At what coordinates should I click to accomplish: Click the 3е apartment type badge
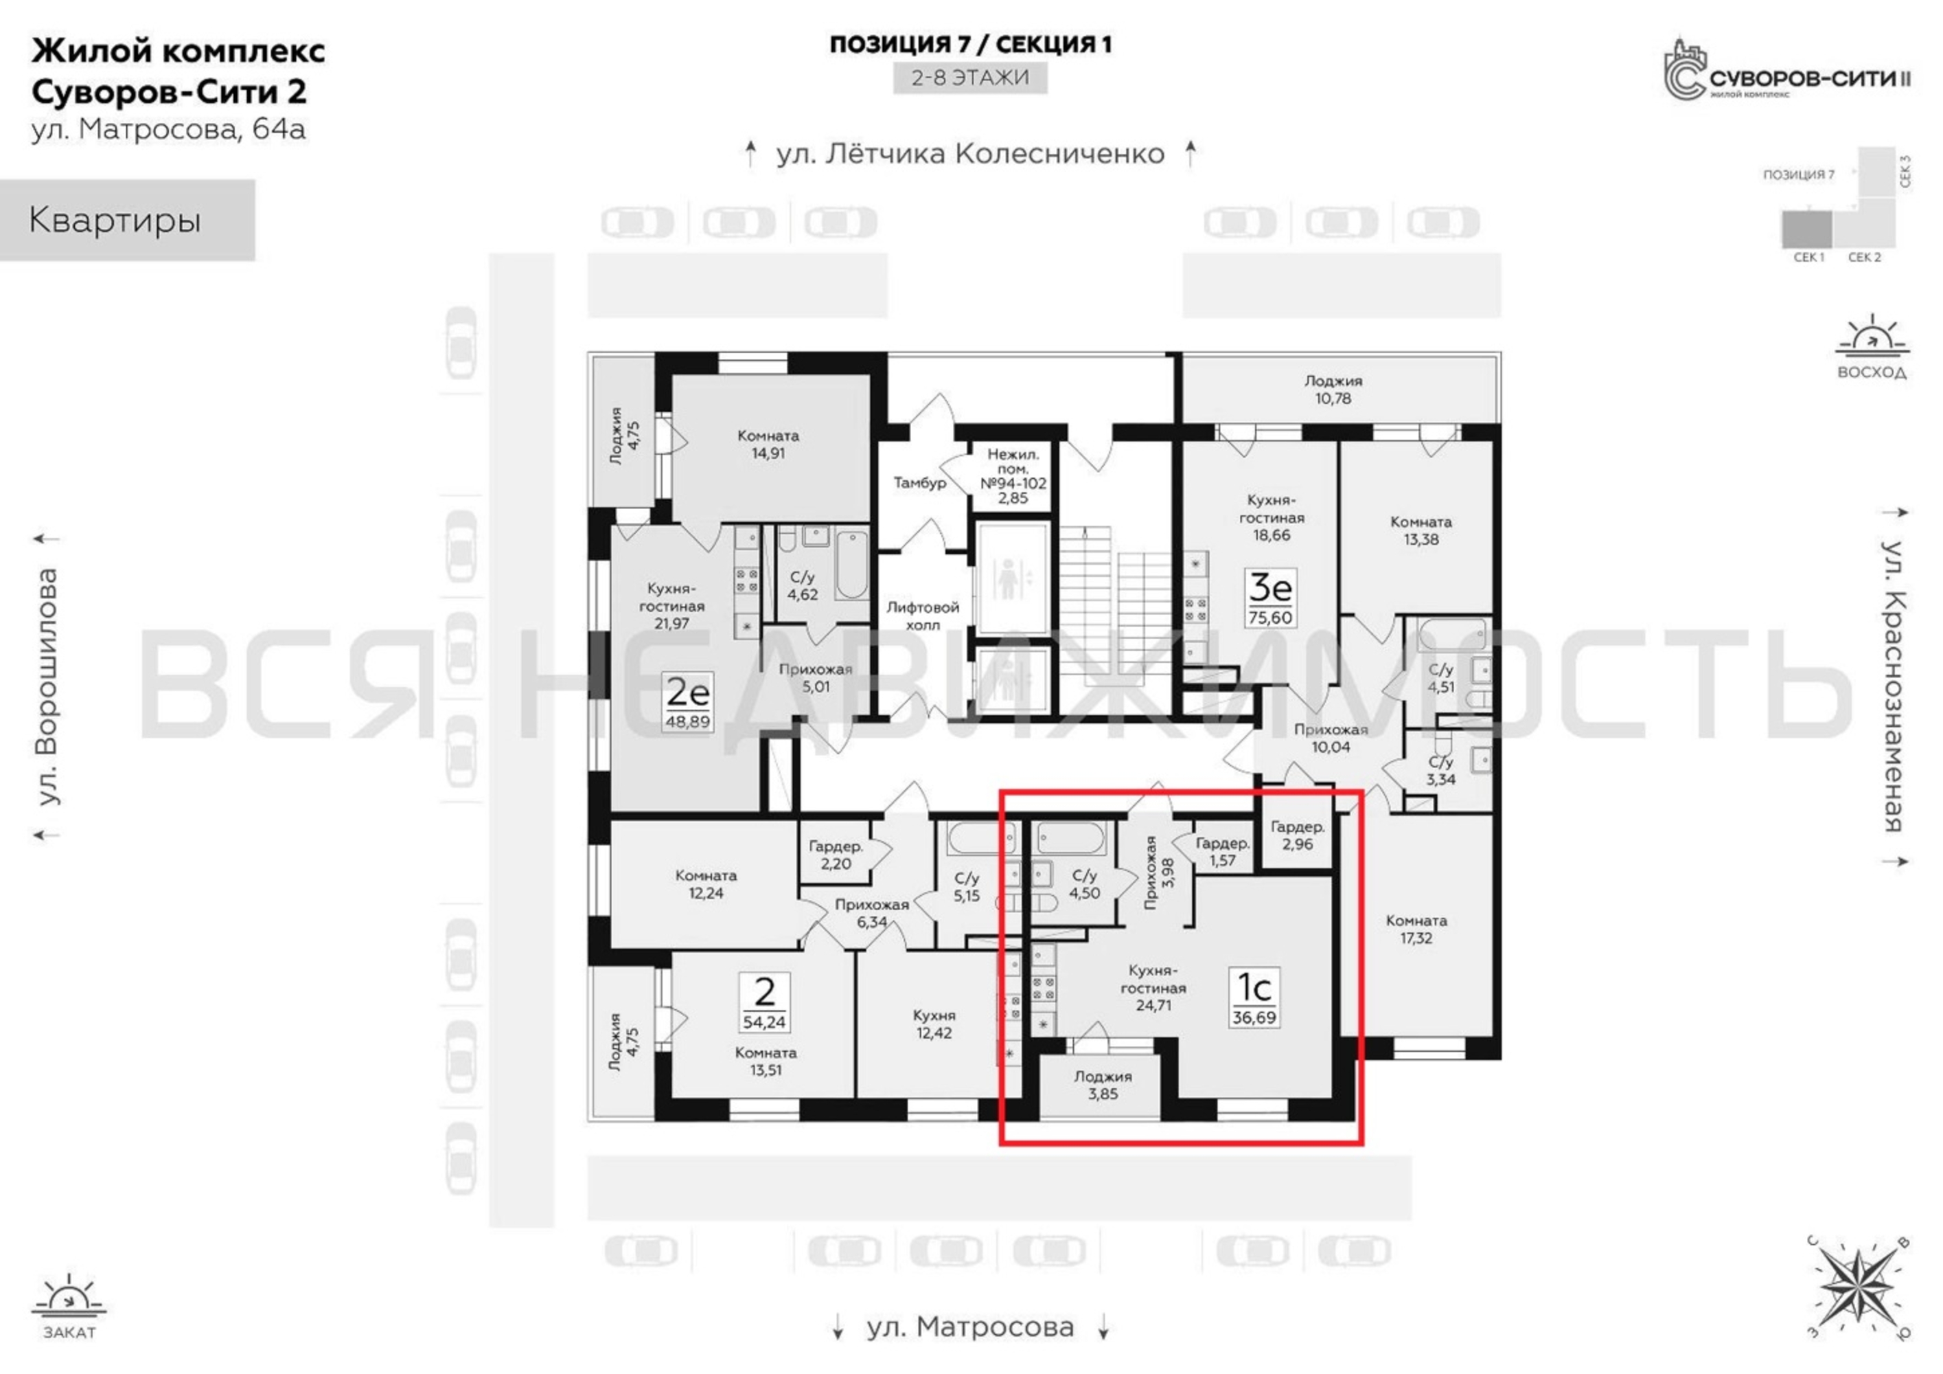point(1270,598)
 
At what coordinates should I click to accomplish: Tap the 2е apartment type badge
point(687,703)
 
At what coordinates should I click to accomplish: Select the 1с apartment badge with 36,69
point(1254,999)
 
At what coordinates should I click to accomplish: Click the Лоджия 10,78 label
point(1333,390)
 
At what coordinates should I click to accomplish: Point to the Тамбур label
point(920,482)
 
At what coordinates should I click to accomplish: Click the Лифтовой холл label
point(923,616)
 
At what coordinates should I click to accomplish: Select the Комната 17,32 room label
point(1416,929)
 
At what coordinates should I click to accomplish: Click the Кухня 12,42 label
point(934,1024)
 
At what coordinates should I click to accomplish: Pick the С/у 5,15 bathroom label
point(967,886)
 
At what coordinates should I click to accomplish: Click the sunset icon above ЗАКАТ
point(69,1298)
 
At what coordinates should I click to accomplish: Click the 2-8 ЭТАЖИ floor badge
point(971,78)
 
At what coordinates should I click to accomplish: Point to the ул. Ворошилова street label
point(48,686)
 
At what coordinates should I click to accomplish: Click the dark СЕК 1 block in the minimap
point(1807,229)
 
